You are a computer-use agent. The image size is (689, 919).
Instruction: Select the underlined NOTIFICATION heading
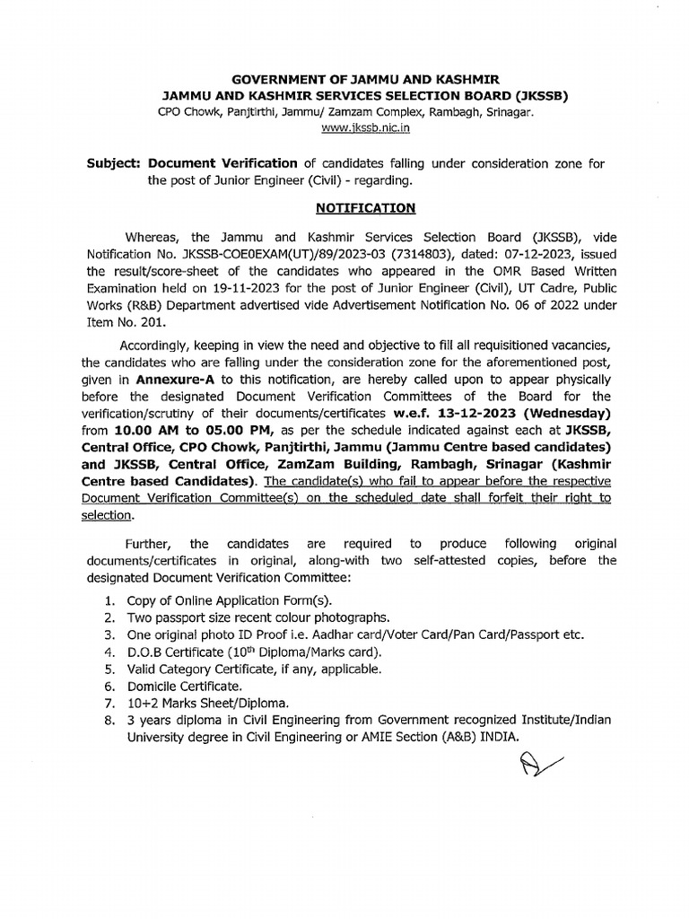pos(365,208)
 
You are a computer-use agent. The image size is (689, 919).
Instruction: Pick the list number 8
pos(108,720)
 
